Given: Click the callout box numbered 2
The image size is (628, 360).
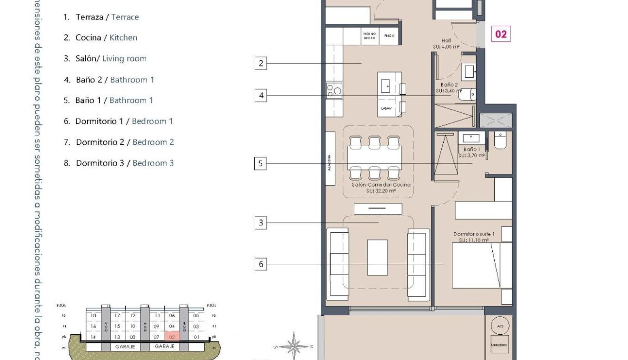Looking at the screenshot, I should click(260, 63).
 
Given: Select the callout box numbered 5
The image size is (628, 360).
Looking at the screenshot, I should click(260, 164).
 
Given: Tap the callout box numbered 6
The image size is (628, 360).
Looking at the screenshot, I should click(260, 264).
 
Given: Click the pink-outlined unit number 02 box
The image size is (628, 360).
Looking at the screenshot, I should click(501, 34).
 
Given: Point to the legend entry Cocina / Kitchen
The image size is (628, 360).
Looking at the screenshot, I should click(100, 38).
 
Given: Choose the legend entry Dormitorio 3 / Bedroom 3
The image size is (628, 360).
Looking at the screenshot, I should click(119, 163).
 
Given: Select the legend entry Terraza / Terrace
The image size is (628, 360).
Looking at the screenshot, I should click(101, 17).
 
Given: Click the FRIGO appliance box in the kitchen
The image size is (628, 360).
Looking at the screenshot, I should click(389, 36).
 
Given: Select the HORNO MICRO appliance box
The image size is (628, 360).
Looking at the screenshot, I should click(369, 36).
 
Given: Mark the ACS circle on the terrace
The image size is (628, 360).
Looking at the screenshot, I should click(499, 326).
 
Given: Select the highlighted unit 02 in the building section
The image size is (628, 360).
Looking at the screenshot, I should click(172, 337).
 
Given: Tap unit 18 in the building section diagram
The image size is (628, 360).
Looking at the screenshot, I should click(93, 315).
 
